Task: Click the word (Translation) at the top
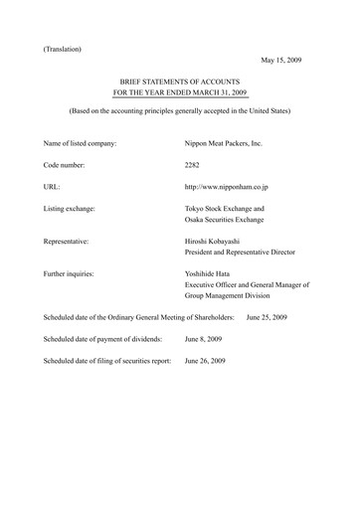click(63, 48)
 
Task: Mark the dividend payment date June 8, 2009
click(206, 339)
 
